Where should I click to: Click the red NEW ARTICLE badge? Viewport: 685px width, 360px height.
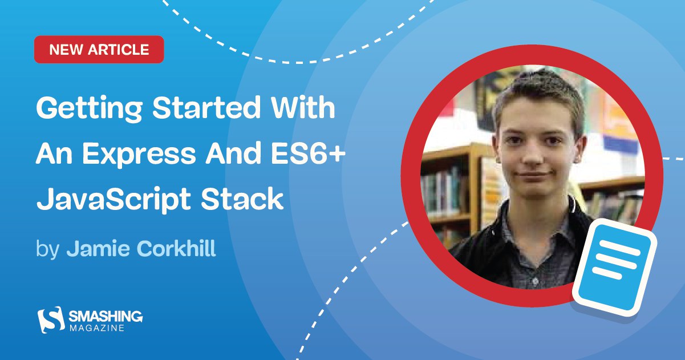click(x=99, y=50)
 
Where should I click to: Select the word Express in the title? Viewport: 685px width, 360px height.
click(x=139, y=155)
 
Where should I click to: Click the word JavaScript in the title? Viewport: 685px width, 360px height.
click(x=114, y=200)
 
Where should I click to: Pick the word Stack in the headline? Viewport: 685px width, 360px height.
click(x=242, y=198)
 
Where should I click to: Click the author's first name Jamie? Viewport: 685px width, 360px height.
click(x=98, y=248)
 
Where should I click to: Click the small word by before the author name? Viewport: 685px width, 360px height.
click(x=47, y=249)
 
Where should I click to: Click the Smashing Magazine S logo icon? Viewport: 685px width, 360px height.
click(x=51, y=319)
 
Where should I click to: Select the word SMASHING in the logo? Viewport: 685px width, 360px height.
click(x=106, y=317)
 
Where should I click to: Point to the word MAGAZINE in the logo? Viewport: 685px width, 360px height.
click(x=97, y=328)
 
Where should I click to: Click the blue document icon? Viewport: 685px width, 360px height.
click(x=615, y=267)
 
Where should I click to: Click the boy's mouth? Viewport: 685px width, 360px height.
click(x=533, y=175)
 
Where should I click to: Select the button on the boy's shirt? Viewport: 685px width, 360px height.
click(x=535, y=281)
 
